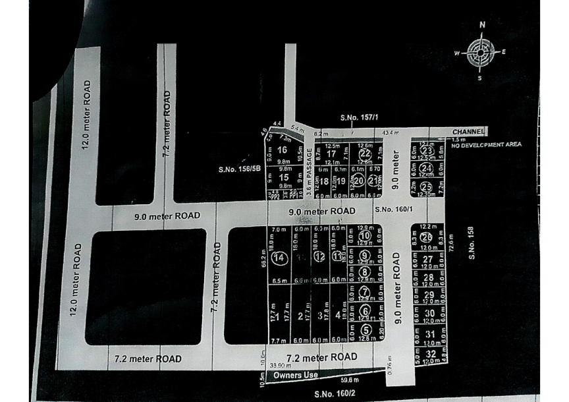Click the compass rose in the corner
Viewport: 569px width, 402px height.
(x=481, y=53)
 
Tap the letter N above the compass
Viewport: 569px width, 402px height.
(x=482, y=25)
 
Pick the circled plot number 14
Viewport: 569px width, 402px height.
(x=279, y=258)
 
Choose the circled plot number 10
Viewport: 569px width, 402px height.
(x=366, y=236)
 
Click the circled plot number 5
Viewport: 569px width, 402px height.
(x=366, y=330)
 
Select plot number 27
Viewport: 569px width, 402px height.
(x=429, y=259)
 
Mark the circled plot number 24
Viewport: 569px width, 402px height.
(x=425, y=169)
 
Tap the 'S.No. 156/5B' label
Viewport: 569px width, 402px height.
(x=240, y=169)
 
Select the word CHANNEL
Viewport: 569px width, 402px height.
(x=468, y=132)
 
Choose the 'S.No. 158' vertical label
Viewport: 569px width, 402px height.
(x=472, y=243)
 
